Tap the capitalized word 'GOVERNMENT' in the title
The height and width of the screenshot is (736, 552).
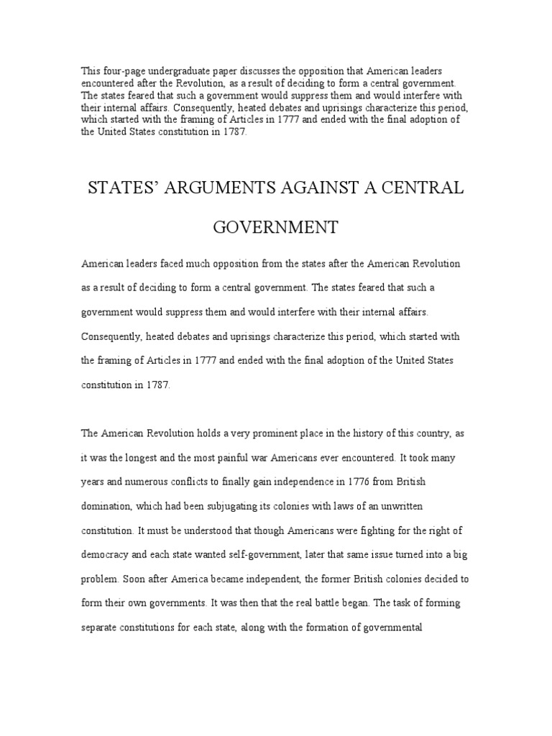click(276, 229)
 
